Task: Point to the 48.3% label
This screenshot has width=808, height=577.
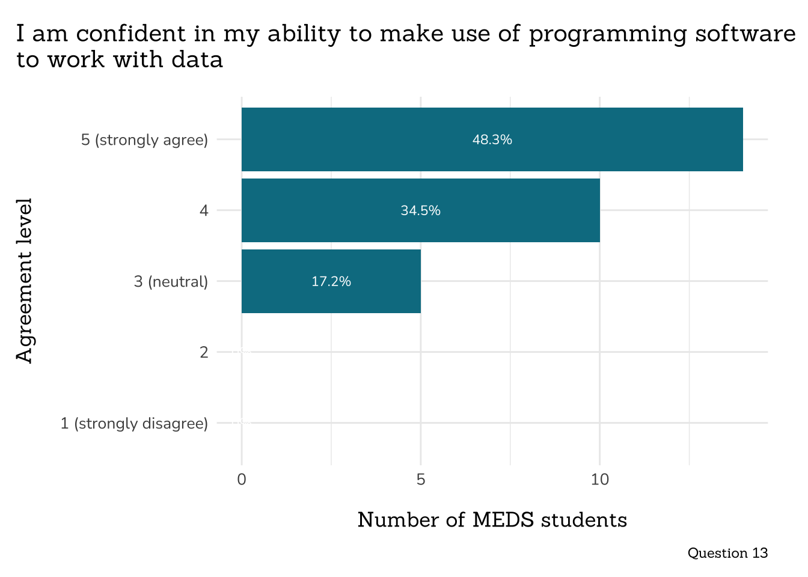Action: pos(492,140)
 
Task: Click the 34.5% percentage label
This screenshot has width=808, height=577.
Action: pos(421,211)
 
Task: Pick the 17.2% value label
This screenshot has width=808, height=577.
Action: pos(331,282)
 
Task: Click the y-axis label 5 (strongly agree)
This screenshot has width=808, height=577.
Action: pos(144,140)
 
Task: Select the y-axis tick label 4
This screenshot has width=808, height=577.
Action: pos(204,211)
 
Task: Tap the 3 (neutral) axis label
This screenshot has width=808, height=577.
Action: pos(171,282)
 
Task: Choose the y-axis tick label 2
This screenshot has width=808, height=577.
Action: pos(204,352)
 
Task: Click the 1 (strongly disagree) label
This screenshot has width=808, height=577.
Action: pos(134,424)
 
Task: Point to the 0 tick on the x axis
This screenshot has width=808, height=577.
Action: pos(242,480)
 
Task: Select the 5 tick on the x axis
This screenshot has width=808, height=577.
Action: pos(421,480)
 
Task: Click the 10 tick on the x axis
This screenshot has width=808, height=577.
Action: pos(599,480)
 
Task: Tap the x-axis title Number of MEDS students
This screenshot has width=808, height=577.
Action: pos(492,520)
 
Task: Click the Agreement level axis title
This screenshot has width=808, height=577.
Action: pos(24,281)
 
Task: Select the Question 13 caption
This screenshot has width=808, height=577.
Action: pos(727,553)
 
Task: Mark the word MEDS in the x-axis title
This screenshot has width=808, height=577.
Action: pos(503,520)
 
